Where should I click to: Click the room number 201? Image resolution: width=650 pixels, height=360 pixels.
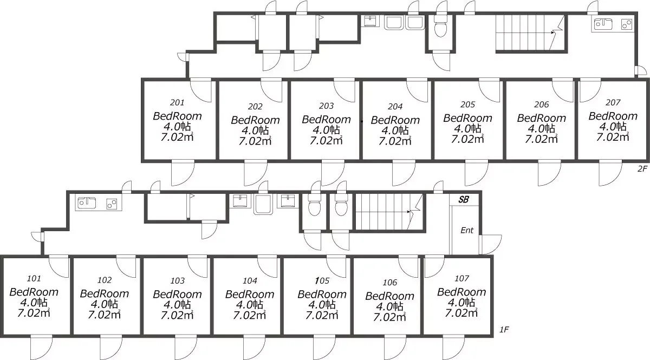coord(177,102)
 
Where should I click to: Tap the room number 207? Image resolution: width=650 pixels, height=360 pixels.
coord(613,102)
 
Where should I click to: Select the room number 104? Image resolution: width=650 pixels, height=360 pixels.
coord(250,280)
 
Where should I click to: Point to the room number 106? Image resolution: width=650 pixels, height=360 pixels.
coord(389,282)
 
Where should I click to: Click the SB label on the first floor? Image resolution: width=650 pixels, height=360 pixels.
coord(464,199)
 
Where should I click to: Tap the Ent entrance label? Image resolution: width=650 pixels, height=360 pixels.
coord(467,230)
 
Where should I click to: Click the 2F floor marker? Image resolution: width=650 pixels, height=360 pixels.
coord(642,168)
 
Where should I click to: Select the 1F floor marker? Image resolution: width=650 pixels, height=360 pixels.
coord(504,330)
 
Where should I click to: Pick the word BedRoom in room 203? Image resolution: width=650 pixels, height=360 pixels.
coord(326,119)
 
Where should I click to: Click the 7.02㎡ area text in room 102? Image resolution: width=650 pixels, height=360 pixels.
coord(104,315)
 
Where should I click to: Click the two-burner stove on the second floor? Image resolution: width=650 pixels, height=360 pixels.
coord(627,24)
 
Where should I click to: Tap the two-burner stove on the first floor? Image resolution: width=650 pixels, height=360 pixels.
coord(112,204)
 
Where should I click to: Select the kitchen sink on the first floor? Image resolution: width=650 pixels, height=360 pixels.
coord(87,203)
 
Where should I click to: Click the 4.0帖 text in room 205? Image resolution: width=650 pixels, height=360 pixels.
coord(467,128)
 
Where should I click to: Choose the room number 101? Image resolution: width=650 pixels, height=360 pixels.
coord(34,278)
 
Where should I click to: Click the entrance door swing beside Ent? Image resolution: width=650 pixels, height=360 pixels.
coord(490,244)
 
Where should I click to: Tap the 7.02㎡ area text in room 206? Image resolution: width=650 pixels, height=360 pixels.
coord(542,139)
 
